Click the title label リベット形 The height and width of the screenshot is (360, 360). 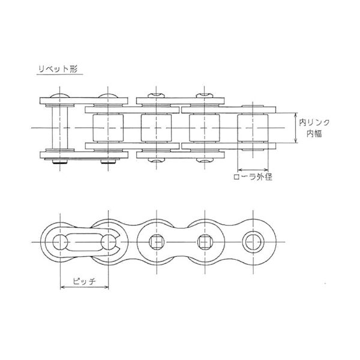(58, 68)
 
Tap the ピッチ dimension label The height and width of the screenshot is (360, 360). (84, 281)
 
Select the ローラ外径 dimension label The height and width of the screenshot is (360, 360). (253, 177)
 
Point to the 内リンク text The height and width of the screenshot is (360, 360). (314, 122)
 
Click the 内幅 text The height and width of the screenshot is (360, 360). (314, 134)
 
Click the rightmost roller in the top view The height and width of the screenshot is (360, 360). (253, 128)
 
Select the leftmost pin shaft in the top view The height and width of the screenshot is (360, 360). (60, 128)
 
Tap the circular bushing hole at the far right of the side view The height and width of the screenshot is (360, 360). (253, 242)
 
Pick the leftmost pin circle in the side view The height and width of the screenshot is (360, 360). (60, 242)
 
